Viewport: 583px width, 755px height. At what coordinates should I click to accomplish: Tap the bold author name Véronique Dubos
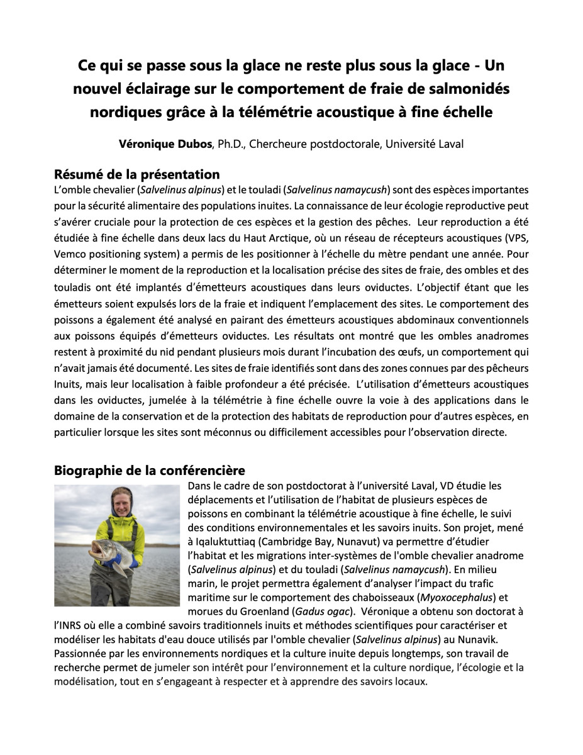pos(166,144)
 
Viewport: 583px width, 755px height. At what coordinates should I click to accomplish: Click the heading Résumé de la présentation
pos(136,174)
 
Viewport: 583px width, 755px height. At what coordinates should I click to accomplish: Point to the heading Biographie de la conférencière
pos(150,470)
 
